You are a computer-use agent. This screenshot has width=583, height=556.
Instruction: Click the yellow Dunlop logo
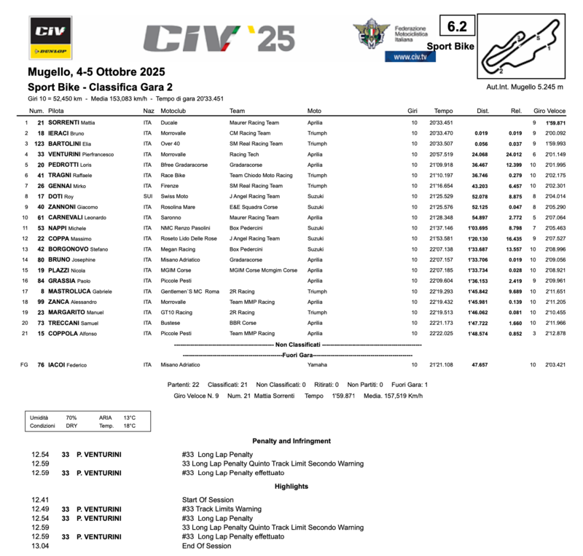[50, 51]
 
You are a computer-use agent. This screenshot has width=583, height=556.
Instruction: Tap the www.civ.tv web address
[410, 57]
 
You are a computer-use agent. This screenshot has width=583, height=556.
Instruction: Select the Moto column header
[314, 111]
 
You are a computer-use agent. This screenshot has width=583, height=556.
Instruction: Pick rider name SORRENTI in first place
[64, 123]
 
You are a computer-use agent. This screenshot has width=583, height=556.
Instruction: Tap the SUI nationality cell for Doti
[148, 197]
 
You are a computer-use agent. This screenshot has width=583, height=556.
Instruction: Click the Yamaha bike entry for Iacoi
[318, 364]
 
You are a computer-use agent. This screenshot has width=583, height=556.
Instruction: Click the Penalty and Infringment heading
[291, 441]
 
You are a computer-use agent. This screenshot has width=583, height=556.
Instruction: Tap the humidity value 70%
[71, 418]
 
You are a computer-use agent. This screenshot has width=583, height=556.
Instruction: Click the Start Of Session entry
[208, 498]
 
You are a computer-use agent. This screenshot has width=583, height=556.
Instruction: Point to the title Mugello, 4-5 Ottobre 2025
[96, 72]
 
